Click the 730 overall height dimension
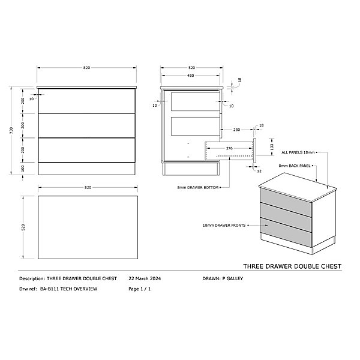[11, 130]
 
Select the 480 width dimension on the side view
[191, 76]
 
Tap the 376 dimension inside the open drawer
[229, 148]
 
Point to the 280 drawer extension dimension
[236, 130]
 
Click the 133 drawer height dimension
[272, 147]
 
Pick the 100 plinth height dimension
[23, 169]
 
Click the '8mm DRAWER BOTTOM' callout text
[197, 188]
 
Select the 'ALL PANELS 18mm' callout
[298, 152]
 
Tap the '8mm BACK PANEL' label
[295, 166]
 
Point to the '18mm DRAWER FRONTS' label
[224, 226]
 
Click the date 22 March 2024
[145, 279]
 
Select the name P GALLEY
[233, 279]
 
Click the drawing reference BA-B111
[49, 289]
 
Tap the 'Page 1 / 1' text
[140, 289]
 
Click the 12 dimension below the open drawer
[259, 171]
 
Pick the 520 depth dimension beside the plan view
[23, 227]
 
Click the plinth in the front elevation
[86, 169]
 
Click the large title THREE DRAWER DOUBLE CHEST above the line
[292, 266]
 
